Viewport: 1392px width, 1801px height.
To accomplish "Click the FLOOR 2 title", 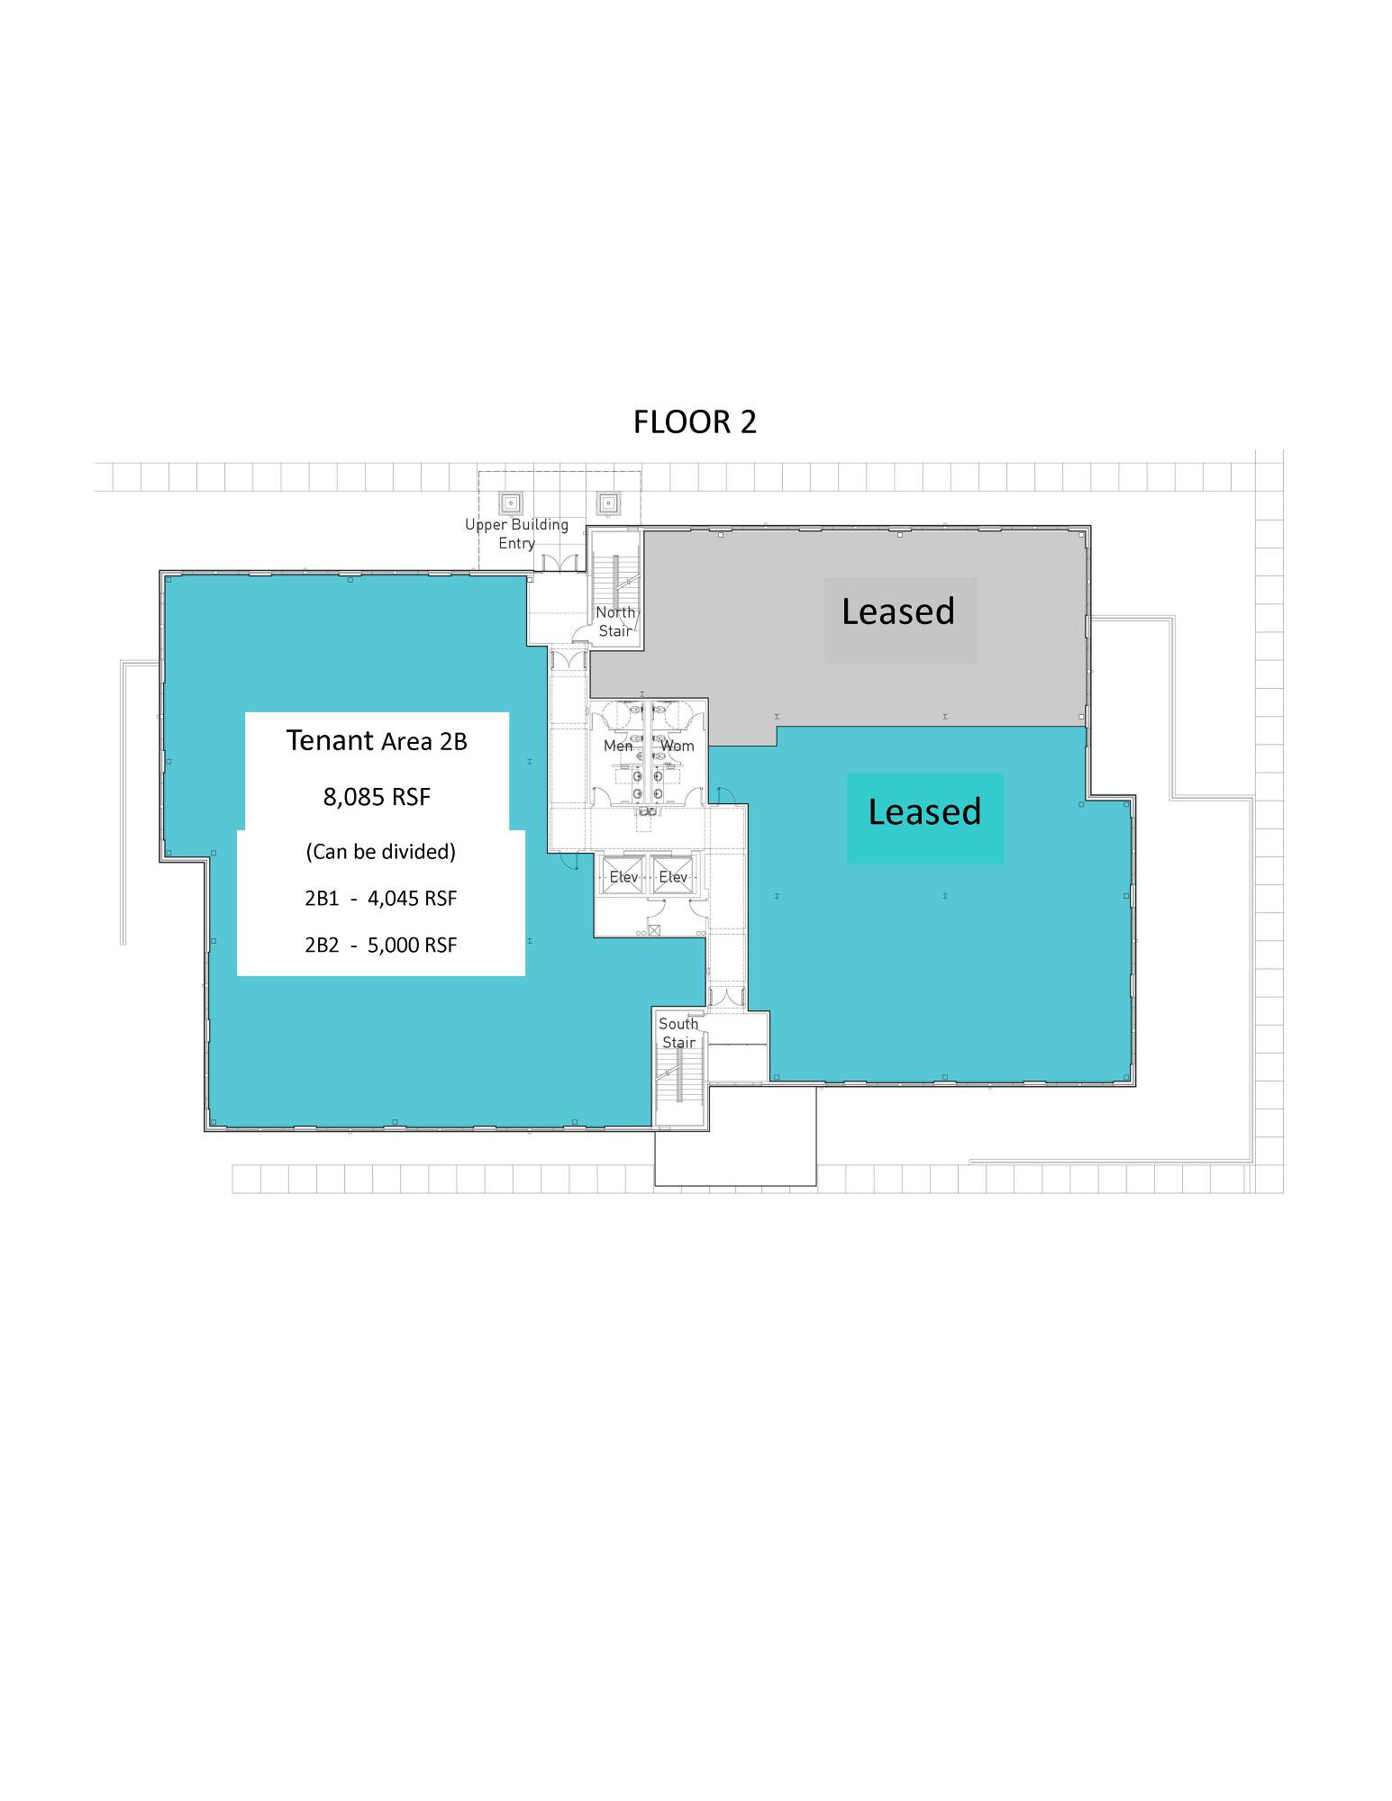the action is coord(695,422).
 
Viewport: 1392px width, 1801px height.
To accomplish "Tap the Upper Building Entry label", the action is coord(516,534).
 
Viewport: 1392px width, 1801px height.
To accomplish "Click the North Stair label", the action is coord(615,621).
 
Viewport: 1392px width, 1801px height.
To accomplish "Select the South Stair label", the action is coord(678,1033).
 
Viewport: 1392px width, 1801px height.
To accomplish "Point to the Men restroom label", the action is coord(618,746).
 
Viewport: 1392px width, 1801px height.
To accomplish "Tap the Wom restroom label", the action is coord(678,746).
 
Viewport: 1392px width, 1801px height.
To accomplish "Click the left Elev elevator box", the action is coord(623,875).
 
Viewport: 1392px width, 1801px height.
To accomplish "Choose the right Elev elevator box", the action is coord(673,875).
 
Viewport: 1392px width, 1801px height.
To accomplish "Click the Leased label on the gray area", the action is coord(898,611).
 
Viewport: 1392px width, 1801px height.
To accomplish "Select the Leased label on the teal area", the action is coord(924,811).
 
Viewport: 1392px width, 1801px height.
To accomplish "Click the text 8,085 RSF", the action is coord(377,797).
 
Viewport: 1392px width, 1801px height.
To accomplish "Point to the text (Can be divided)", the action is coord(381,852).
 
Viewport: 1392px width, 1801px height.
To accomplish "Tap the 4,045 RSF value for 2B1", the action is coord(412,899).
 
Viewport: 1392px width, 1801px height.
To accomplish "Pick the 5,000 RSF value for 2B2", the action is coord(412,946).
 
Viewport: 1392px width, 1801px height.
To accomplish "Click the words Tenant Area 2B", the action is coord(377,740).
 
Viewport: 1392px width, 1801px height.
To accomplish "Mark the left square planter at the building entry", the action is coord(511,502).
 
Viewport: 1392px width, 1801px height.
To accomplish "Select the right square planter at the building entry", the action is coord(608,502).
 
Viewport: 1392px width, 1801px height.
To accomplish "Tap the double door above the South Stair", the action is coord(725,998).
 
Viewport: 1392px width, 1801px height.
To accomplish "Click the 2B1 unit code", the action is coord(322,899).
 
